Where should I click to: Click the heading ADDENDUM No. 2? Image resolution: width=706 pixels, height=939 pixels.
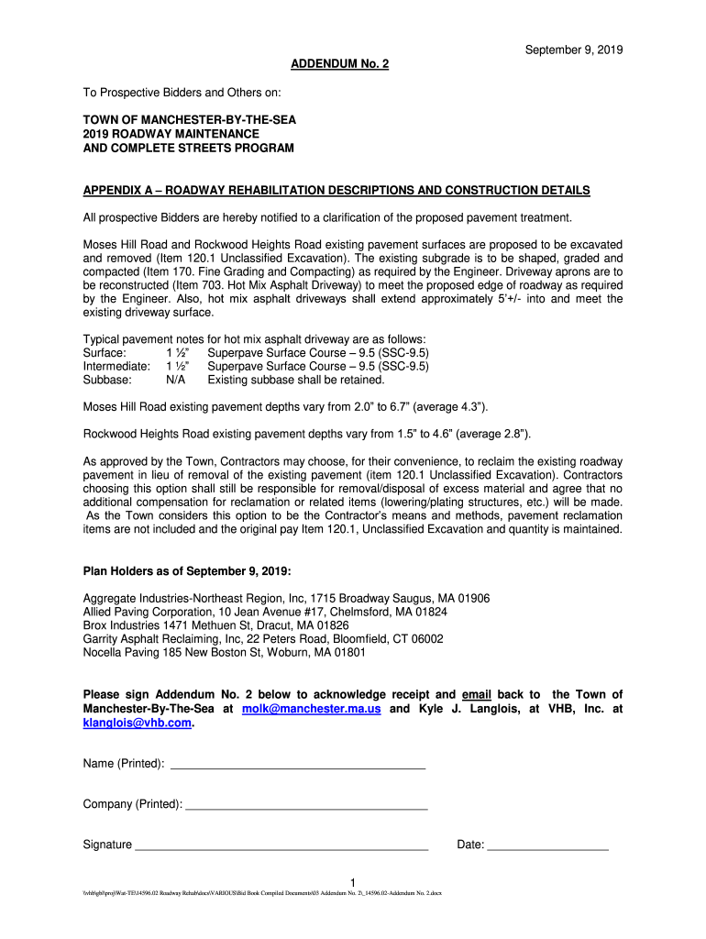(x=339, y=64)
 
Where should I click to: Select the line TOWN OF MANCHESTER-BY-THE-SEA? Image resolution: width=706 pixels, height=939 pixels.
(x=190, y=120)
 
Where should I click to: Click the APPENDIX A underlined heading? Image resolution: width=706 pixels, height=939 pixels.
(x=336, y=190)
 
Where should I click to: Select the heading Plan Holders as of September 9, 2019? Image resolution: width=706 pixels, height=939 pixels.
(x=187, y=571)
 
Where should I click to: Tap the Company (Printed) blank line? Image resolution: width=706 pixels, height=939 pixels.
(x=306, y=805)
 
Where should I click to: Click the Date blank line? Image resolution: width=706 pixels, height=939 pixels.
(x=547, y=845)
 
